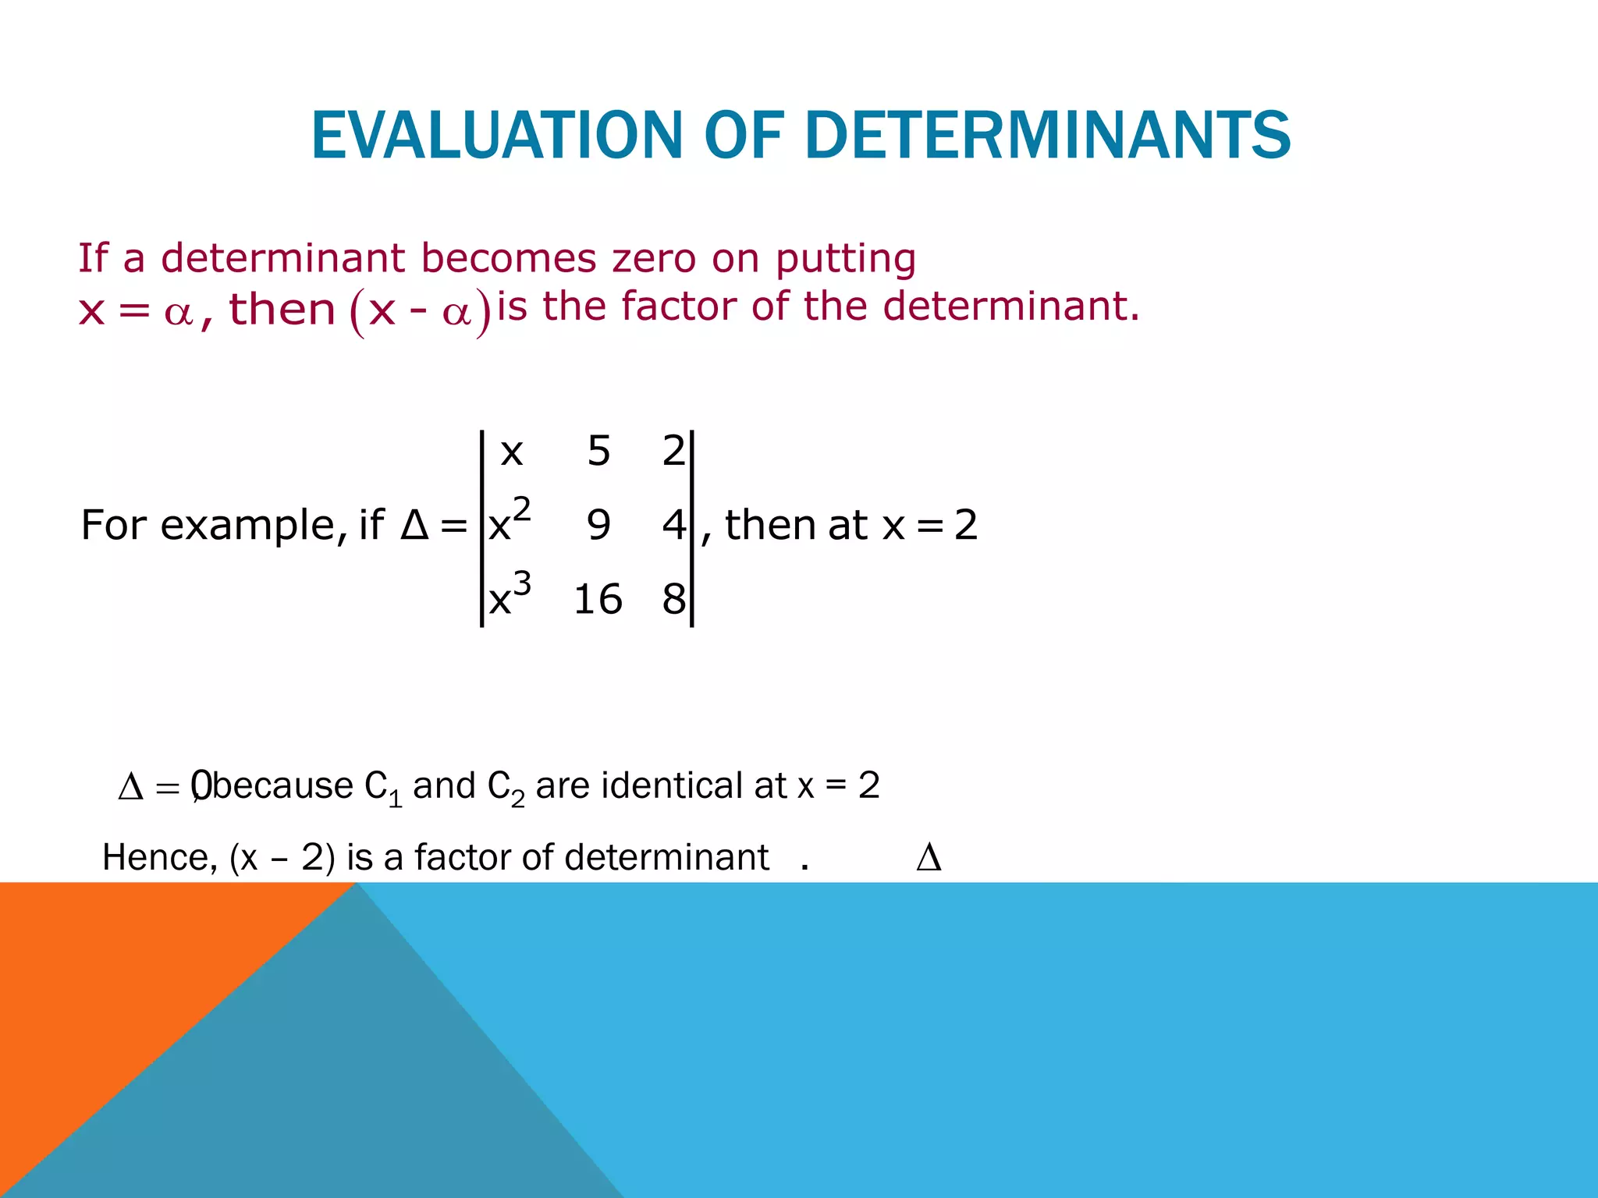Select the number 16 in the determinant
point(598,600)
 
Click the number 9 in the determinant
point(598,525)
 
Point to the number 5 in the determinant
point(598,451)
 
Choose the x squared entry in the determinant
point(510,522)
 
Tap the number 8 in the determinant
point(673,600)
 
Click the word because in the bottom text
point(282,785)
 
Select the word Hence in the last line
point(159,858)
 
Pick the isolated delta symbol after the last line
point(929,858)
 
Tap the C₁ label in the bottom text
point(382,787)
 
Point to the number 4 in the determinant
point(673,525)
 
